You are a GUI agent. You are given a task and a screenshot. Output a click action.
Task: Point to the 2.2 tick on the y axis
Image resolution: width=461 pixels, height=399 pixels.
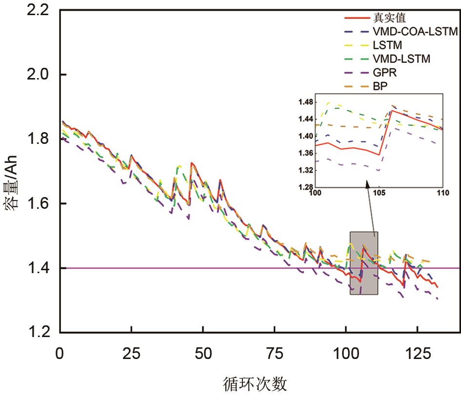click(x=40, y=10)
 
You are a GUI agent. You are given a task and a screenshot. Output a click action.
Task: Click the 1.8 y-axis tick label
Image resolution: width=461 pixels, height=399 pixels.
click(x=40, y=139)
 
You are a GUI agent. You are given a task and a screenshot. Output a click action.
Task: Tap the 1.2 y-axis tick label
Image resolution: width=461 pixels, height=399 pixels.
click(x=40, y=332)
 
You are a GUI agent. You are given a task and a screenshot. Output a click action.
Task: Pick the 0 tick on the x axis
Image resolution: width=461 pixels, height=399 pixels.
click(x=60, y=351)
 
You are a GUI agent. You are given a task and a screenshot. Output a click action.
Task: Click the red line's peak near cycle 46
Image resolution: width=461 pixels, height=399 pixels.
click(x=191, y=163)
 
